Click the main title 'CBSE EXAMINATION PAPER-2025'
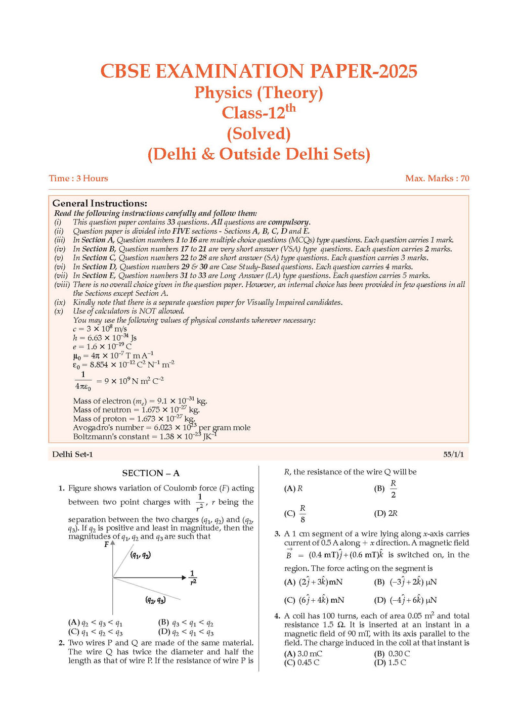tap(258, 71)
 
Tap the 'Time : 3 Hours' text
tap(78, 178)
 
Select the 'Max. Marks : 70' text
tap(437, 178)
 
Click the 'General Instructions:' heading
tap(100, 203)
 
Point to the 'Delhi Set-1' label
tap(72, 454)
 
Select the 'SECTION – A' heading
tap(151, 473)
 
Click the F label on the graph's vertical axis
tap(107, 545)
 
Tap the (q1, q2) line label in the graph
tap(140, 555)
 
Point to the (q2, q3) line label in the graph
tap(155, 600)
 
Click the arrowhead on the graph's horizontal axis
tap(184, 577)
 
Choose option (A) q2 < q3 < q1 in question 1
tap(96, 623)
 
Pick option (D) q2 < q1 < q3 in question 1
tap(186, 632)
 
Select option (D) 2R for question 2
tap(386, 513)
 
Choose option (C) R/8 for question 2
tap(296, 513)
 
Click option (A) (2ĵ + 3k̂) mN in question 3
tap(314, 582)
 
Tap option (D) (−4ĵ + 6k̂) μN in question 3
tap(405, 600)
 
